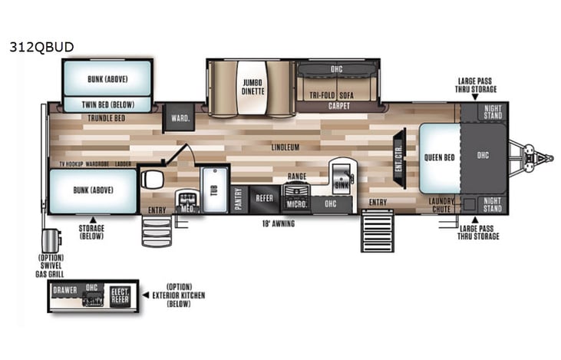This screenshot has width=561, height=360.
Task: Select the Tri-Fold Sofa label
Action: (337, 96)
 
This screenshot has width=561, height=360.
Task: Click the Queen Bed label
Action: (438, 157)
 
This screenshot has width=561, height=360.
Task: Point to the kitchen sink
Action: (341, 182)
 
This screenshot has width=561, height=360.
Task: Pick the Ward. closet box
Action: (180, 117)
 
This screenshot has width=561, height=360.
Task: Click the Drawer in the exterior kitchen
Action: (65, 290)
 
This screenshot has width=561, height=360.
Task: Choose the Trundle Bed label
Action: (107, 118)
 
